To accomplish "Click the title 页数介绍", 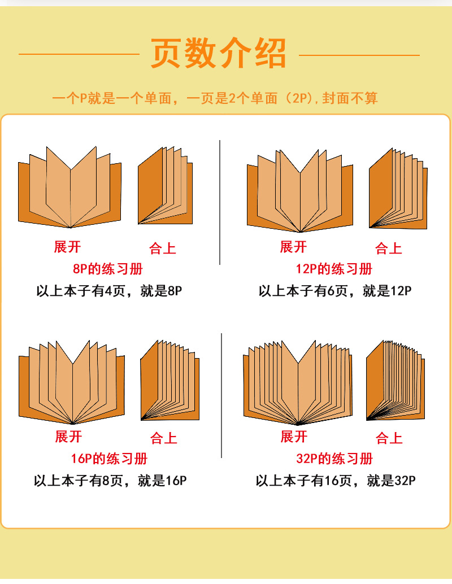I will (219, 54).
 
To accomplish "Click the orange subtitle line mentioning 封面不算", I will (215, 98).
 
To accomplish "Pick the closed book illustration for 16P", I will (169, 382).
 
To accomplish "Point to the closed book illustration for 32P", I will (395, 382).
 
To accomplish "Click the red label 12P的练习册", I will (334, 268).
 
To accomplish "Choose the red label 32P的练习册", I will (334, 458).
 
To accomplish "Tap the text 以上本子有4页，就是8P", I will (110, 291).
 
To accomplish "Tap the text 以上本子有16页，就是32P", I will (336, 481).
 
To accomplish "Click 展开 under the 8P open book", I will (68, 247).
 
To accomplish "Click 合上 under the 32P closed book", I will (389, 438).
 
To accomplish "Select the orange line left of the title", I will (79, 54).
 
